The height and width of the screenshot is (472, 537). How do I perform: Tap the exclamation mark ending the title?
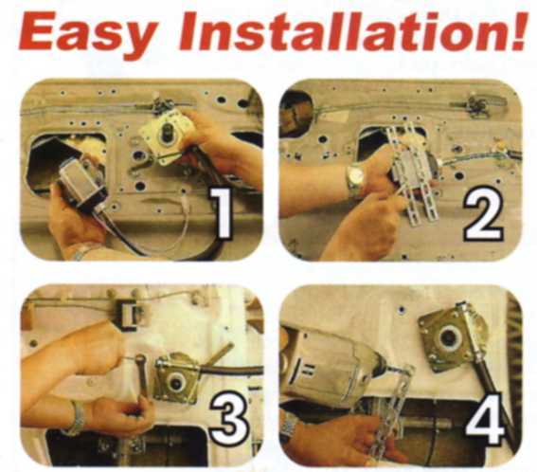pyautogui.click(x=516, y=33)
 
